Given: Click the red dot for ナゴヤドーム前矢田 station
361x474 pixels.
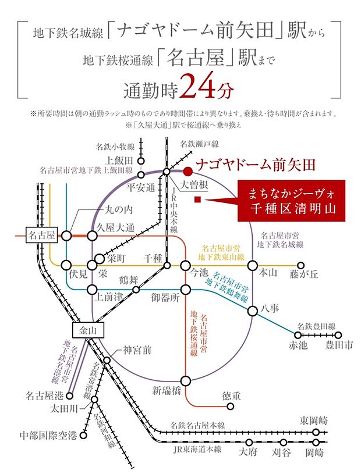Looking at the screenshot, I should pos(187,171).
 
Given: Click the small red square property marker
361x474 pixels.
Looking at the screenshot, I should pos(198,200).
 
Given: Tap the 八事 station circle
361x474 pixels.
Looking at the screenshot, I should pos(253,311).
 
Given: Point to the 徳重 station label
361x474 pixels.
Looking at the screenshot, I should pos(231,396).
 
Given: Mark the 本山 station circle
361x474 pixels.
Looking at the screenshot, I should pos(253,265).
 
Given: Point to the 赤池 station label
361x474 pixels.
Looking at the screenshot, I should pos(298,345).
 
